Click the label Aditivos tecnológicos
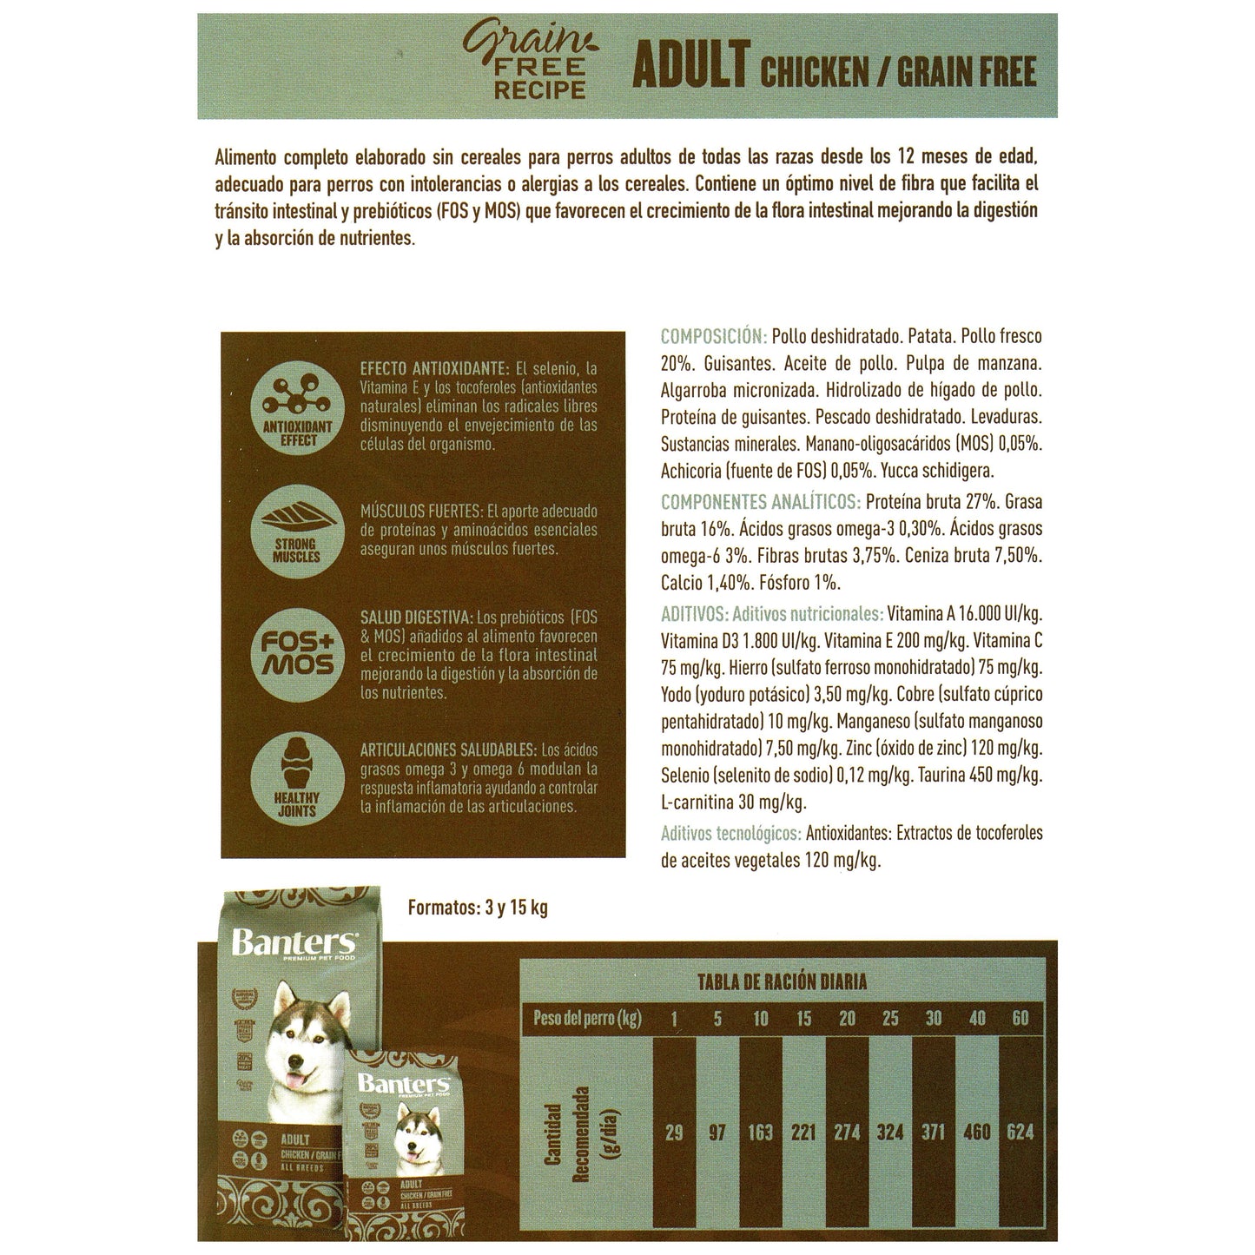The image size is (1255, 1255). click(730, 834)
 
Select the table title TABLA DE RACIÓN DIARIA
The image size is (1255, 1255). click(782, 982)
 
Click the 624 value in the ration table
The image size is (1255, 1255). click(1020, 1133)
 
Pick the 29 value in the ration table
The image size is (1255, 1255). click(673, 1133)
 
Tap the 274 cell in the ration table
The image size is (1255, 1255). click(847, 1133)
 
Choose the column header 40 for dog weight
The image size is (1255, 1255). click(977, 1018)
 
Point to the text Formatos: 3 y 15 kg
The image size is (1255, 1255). click(478, 908)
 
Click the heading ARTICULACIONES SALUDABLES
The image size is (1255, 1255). click(448, 750)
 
